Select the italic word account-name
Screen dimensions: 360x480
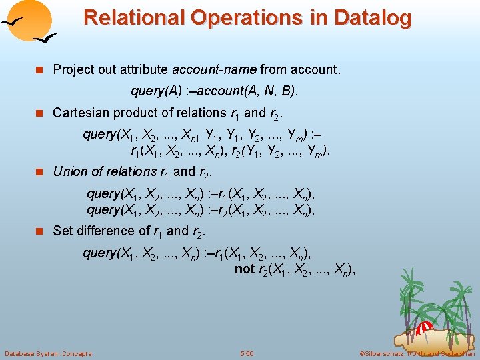pos(214,69)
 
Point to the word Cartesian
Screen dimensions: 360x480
pos(81,113)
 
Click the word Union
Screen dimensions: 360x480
pos(69,171)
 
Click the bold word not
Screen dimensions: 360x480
pos(244,269)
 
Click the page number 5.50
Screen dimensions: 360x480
pos(247,353)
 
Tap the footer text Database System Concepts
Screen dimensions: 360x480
pos(49,353)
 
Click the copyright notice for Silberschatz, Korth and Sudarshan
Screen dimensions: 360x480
pos(417,353)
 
